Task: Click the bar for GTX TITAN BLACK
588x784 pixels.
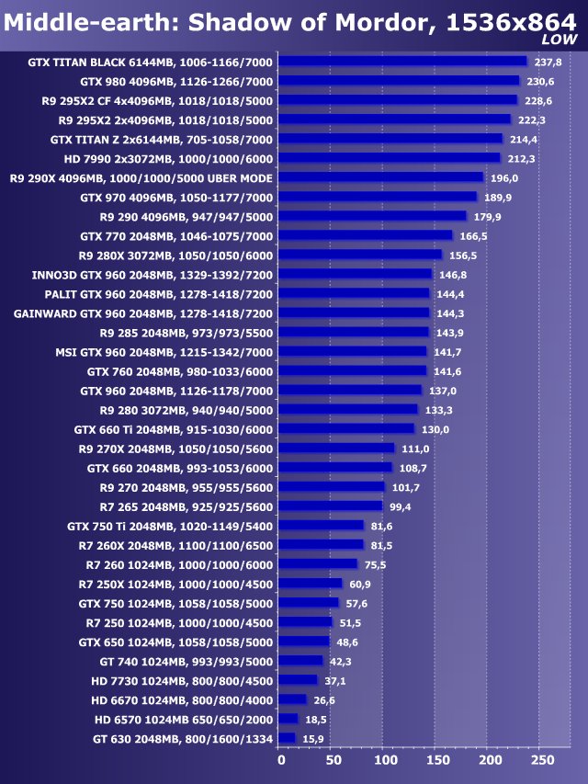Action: [402, 62]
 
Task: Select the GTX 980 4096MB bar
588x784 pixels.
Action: [399, 81]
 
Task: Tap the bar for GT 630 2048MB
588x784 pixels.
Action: [287, 738]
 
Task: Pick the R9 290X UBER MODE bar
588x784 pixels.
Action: [380, 177]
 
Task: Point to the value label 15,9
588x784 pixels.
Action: [314, 738]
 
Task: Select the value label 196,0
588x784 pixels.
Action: [504, 177]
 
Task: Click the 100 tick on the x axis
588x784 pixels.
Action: [386, 761]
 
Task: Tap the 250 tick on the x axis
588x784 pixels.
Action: [543, 761]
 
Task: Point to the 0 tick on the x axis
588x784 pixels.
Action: [281, 761]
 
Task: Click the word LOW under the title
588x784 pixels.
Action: [559, 40]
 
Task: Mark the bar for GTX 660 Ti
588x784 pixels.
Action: [346, 429]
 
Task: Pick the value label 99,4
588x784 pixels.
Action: [402, 506]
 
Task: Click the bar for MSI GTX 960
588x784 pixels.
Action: [352, 351]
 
